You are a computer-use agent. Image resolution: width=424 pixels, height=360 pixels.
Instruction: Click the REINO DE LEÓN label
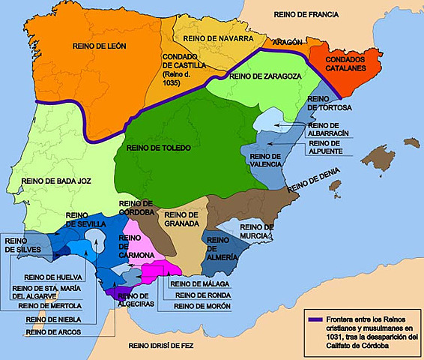pos(100,46)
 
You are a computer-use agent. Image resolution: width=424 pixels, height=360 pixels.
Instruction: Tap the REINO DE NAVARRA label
pos(213,37)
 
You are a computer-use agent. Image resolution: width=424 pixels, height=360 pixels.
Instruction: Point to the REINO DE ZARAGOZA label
pos(266,76)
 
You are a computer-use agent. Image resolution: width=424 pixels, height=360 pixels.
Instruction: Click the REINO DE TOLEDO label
pos(160,148)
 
